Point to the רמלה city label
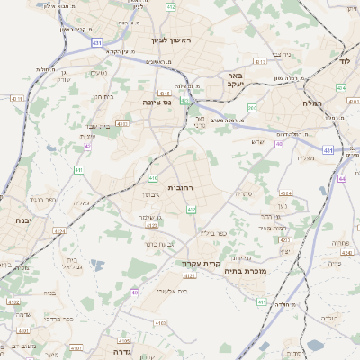[332, 104]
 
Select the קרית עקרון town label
[201, 263]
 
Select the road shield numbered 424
[341, 89]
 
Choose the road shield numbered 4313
[260, 61]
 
